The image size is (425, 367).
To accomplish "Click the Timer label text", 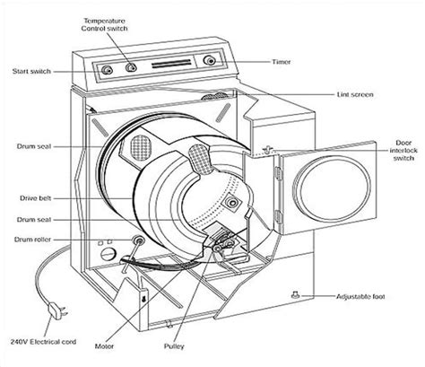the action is click(282, 62).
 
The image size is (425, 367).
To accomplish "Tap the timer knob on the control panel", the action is click(210, 61).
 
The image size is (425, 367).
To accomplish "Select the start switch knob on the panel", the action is click(107, 70).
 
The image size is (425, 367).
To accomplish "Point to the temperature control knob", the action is click(131, 67).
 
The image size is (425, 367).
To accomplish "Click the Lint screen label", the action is click(355, 94).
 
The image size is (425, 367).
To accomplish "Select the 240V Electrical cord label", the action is click(43, 342).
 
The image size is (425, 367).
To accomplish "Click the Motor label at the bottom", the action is click(104, 346).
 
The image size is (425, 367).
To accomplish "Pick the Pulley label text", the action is click(174, 346).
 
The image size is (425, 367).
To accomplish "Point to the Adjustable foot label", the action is click(360, 297).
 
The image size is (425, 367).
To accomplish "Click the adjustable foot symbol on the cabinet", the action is click(296, 294).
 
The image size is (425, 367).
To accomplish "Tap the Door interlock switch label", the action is click(403, 151).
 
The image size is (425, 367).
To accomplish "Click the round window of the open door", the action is click(332, 188).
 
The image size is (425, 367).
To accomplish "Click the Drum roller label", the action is click(32, 240).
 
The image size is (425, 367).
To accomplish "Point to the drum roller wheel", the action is click(138, 240).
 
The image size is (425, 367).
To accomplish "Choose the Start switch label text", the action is click(31, 72).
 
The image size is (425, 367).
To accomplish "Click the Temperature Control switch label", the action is click(104, 25).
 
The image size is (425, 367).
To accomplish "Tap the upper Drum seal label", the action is click(34, 146).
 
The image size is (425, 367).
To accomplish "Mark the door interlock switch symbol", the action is click(268, 150).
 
